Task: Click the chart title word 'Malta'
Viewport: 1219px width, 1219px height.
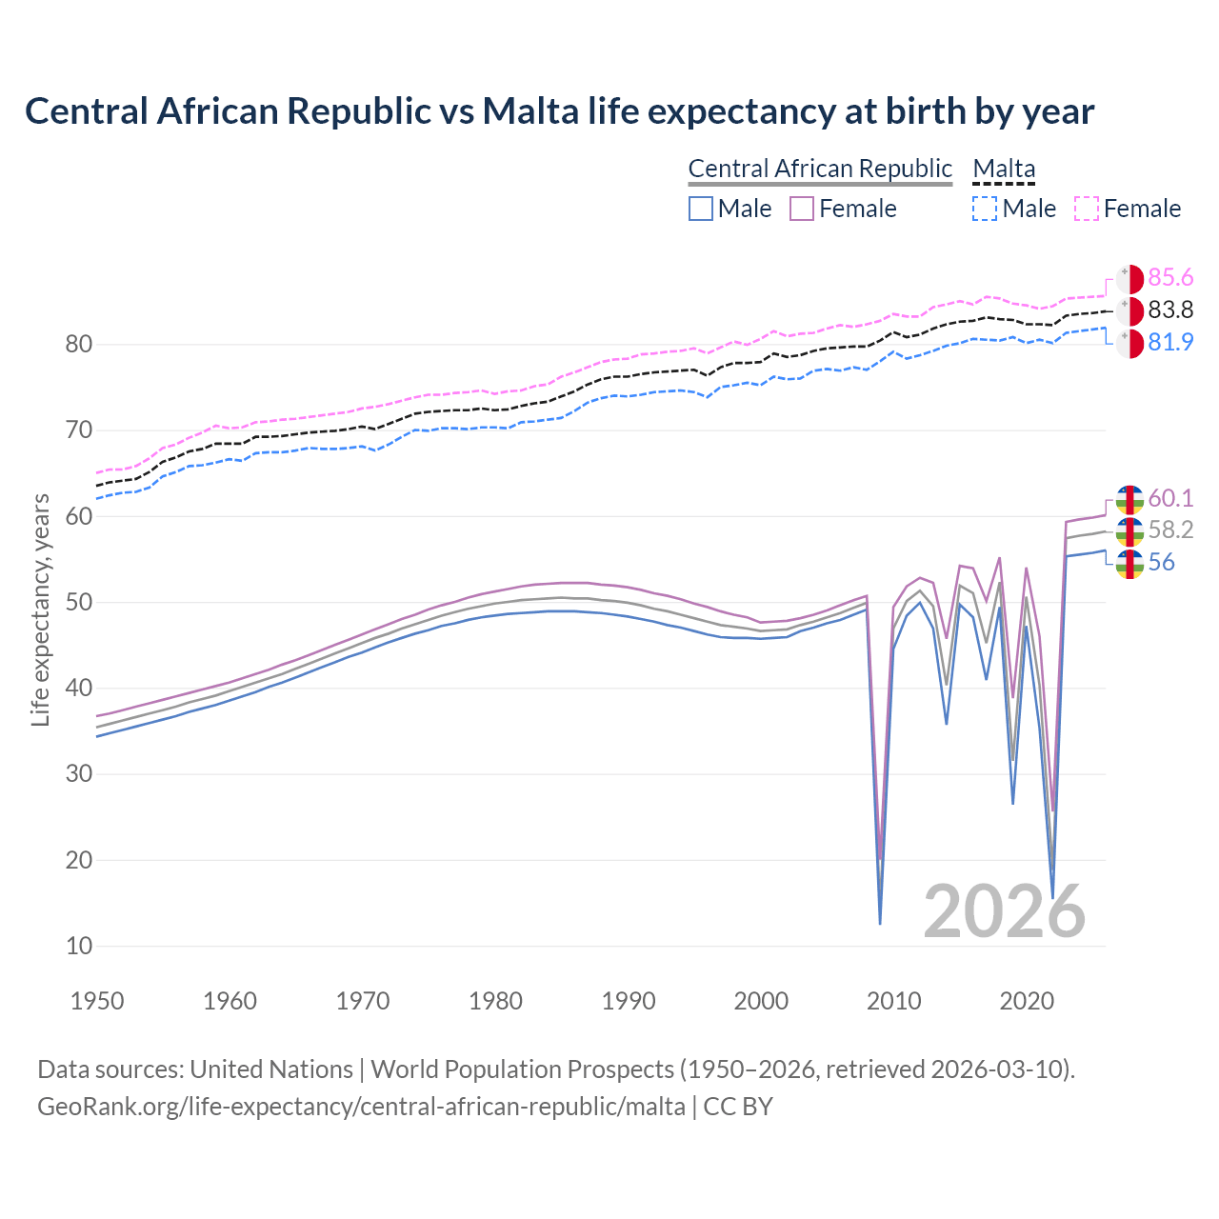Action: (x=530, y=111)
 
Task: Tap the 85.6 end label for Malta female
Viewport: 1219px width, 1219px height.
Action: (x=1170, y=277)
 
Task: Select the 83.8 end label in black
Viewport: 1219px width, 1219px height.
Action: (x=1170, y=310)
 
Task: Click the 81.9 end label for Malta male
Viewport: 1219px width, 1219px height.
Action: (x=1170, y=342)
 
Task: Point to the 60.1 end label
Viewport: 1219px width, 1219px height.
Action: (x=1170, y=498)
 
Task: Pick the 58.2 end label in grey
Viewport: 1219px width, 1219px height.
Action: (x=1170, y=530)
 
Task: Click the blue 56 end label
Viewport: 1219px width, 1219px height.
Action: (x=1161, y=563)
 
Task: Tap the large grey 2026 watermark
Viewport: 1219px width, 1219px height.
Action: (x=1005, y=911)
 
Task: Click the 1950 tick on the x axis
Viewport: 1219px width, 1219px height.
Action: (x=98, y=1001)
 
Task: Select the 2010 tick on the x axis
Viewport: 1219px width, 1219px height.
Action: (x=894, y=1001)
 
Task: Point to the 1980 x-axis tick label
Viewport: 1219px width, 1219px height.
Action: (x=496, y=1001)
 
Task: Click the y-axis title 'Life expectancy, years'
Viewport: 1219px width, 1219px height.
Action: (x=40, y=609)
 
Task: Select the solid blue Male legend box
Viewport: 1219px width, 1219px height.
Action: (x=701, y=209)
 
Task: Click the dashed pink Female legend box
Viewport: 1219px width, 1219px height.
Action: (x=1087, y=209)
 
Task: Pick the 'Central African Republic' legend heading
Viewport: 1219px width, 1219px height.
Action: (x=820, y=169)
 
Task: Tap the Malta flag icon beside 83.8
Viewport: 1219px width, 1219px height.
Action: (x=1129, y=310)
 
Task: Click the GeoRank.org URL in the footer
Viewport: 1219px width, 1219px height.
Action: (x=361, y=1106)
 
